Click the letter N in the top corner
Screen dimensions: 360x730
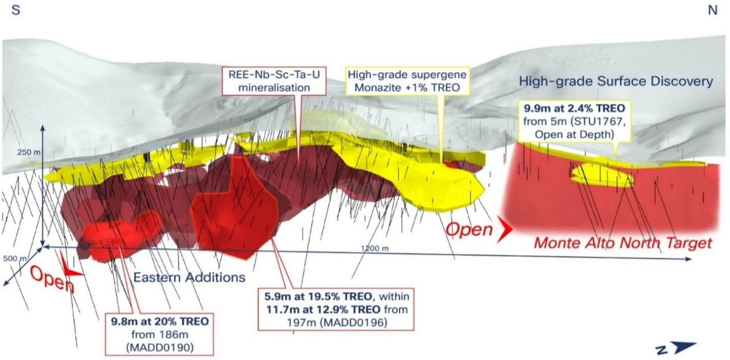[712, 11]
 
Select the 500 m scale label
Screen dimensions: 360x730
[11, 258]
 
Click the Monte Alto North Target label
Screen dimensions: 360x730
[623, 243]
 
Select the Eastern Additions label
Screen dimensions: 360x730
[189, 277]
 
